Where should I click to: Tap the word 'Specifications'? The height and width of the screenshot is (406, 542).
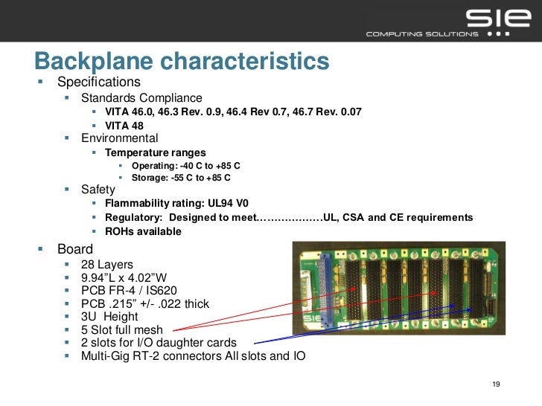(x=98, y=81)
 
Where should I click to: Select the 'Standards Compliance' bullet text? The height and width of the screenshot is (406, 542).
(x=141, y=97)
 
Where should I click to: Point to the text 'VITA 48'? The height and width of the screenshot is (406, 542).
(x=124, y=126)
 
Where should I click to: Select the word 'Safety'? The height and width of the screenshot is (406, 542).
(x=98, y=190)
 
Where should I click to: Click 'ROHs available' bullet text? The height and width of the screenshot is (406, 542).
(x=143, y=231)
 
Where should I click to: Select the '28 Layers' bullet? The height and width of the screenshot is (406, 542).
(x=106, y=265)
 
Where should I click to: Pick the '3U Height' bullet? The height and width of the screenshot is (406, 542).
(x=109, y=317)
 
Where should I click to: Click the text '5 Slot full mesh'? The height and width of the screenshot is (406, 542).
(x=122, y=329)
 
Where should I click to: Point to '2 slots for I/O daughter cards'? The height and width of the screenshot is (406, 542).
(x=159, y=343)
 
